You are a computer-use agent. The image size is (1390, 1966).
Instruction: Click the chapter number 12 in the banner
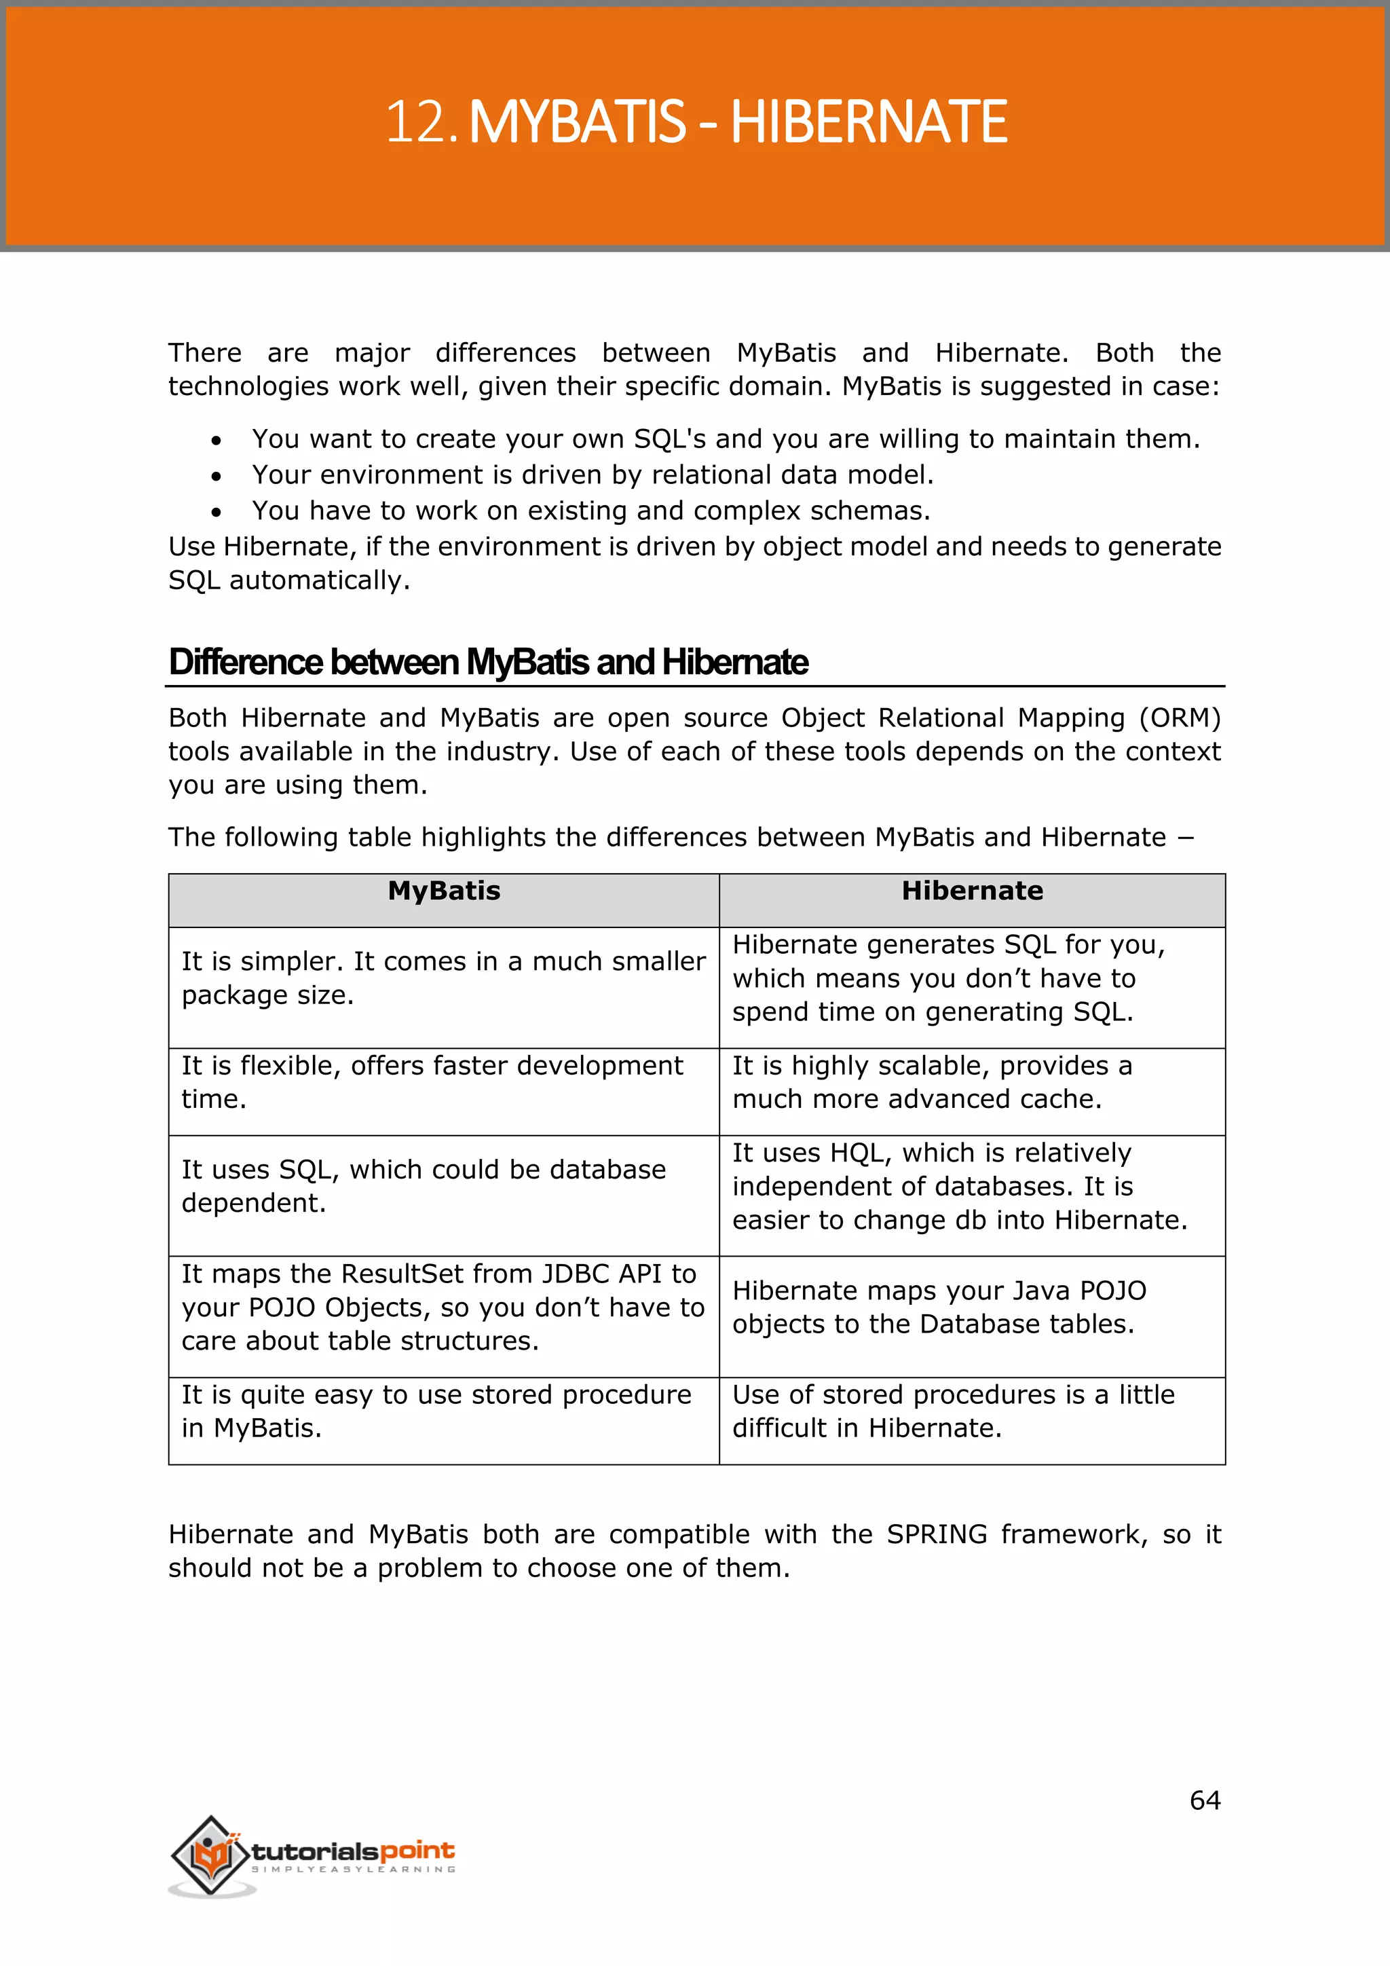point(417,122)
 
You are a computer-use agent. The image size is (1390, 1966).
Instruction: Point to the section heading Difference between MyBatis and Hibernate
point(488,663)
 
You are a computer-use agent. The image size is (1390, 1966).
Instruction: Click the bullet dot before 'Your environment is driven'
point(217,476)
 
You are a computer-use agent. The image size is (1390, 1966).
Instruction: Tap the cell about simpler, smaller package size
point(443,979)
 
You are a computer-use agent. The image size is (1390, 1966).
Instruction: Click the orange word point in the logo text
point(417,1851)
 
